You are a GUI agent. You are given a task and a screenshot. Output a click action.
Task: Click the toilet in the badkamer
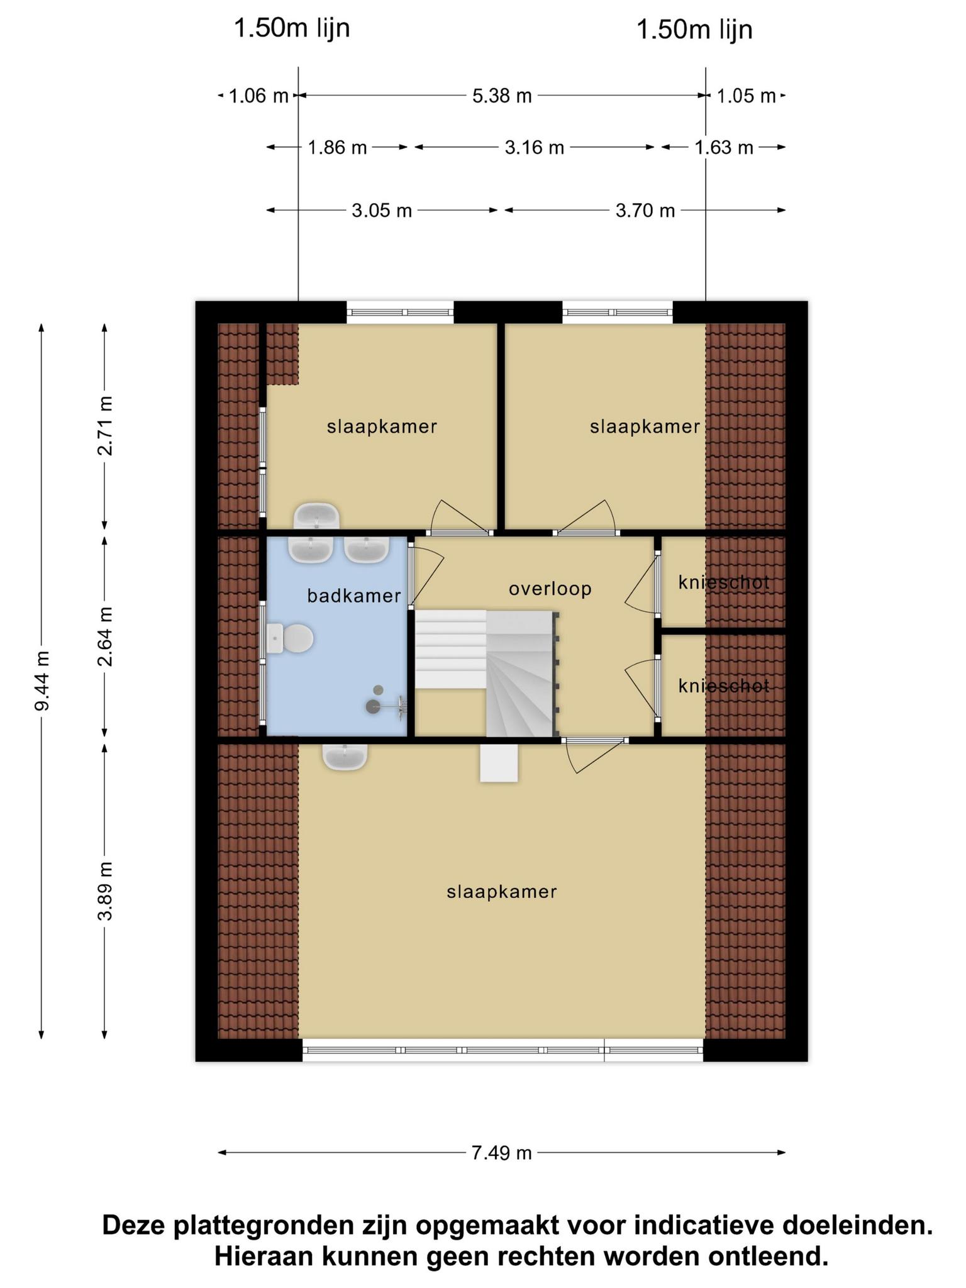(290, 638)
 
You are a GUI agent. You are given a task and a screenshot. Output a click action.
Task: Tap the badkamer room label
(354, 596)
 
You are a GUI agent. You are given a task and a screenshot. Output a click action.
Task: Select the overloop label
(550, 589)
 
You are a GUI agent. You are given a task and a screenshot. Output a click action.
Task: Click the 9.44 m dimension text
(42, 680)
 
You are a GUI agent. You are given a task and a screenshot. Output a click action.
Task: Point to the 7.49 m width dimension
(502, 1153)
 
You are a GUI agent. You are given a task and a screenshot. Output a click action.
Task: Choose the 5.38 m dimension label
(502, 96)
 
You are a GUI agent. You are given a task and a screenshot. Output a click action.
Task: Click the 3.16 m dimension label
(535, 147)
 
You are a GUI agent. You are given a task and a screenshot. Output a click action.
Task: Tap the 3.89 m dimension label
(105, 891)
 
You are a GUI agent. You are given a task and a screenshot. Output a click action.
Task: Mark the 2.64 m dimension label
(105, 636)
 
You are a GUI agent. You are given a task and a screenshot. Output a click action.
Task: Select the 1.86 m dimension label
(337, 147)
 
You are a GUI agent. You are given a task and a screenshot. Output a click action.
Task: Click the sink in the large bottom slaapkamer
(345, 757)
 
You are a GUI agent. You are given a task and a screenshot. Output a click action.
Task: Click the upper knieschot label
(724, 582)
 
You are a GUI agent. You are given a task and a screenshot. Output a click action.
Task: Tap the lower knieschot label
(724, 686)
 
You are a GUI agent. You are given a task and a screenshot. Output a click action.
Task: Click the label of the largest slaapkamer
(502, 892)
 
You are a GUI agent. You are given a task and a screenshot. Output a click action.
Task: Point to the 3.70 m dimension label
(645, 210)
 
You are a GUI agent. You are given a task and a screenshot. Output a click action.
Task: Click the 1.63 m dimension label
(724, 147)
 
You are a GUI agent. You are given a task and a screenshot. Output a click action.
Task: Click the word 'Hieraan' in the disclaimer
(265, 1257)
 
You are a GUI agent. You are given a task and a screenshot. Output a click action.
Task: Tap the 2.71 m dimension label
(105, 426)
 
